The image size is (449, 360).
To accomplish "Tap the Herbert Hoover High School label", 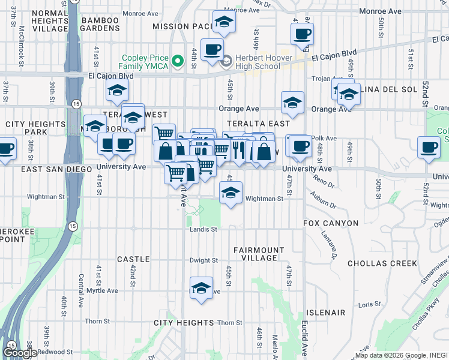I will pyautogui.click(x=263, y=61).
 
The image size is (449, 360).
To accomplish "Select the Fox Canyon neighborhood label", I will pyautogui.click(x=331, y=223).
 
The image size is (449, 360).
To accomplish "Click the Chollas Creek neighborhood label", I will pyautogui.click(x=384, y=263).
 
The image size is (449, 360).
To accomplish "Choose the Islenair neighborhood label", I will pyautogui.click(x=325, y=313).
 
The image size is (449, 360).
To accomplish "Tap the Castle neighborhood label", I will pyautogui.click(x=133, y=259).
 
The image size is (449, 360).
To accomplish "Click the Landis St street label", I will pyautogui.click(x=203, y=229).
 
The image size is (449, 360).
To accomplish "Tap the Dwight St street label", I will pyautogui.click(x=203, y=260).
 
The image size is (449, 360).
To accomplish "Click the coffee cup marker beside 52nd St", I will pyautogui.click(x=430, y=148).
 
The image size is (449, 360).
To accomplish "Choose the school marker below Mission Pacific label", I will pyautogui.click(x=224, y=22).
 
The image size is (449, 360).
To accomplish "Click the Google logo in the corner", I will pyautogui.click(x=20, y=353).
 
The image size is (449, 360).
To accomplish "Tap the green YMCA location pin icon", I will pyautogui.click(x=177, y=61).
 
